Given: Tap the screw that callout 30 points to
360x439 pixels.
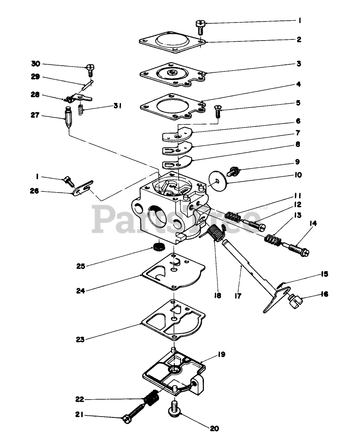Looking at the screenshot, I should [90, 68].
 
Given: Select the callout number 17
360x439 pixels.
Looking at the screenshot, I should [238, 296].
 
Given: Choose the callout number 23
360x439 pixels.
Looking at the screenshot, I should [80, 339].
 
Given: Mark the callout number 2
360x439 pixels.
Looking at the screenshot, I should [299, 40].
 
